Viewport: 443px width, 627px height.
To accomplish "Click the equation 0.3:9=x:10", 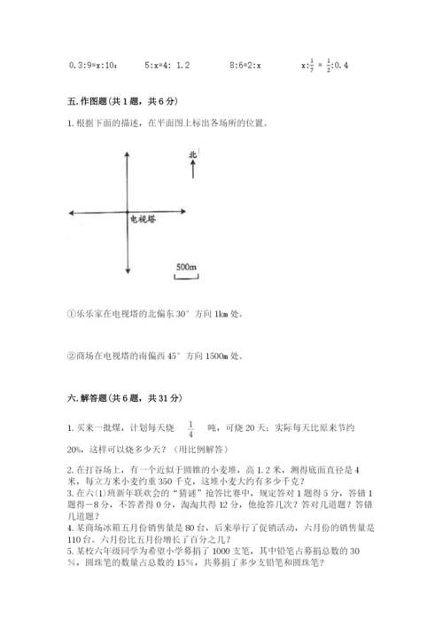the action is pos(92,65).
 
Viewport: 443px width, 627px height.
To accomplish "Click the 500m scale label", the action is pos(185,266).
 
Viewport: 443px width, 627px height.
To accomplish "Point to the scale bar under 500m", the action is pos(185,277).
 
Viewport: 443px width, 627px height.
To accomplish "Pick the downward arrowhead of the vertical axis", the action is pos(129,271).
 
